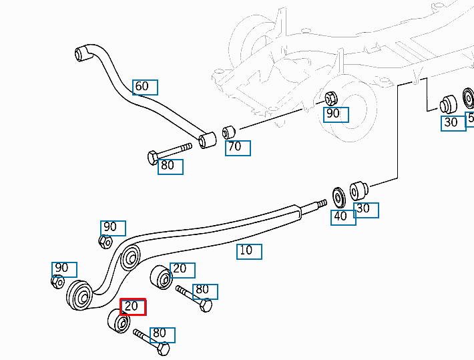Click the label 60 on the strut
[145, 87]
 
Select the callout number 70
[238, 148]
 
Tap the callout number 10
[249, 251]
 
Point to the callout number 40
[343, 217]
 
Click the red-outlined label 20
[133, 307]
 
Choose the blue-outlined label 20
[182, 270]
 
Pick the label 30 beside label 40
[366, 210]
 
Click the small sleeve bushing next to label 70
[229, 130]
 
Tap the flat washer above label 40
[338, 197]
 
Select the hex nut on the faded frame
[330, 98]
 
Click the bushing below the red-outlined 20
[118, 322]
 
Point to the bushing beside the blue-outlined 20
[162, 278]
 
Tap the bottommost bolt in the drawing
[153, 341]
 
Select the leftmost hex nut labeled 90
[58, 281]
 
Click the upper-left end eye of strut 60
[83, 52]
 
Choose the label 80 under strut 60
[170, 166]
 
